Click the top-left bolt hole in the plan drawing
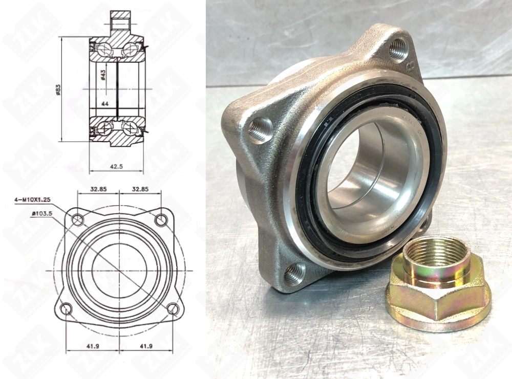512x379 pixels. click(77, 220)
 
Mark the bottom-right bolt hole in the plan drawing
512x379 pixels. click(173, 309)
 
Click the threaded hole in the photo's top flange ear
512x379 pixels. click(398, 50)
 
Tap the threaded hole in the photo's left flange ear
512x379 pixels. click(261, 129)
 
